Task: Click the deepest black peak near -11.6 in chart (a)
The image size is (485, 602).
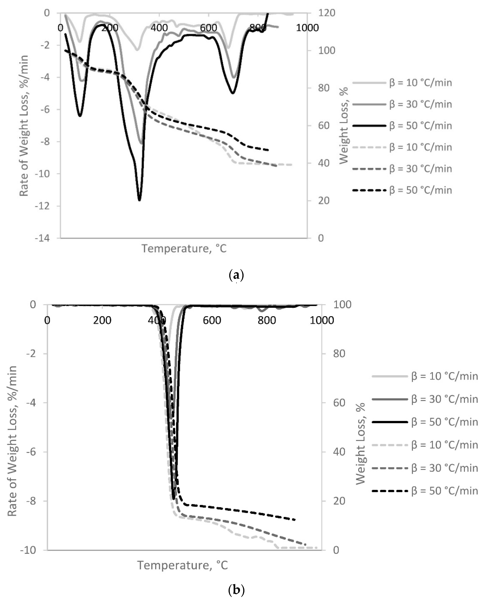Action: pos(139,200)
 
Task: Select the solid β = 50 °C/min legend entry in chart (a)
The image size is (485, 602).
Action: pos(402,126)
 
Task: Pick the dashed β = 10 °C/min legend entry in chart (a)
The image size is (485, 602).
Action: pos(402,147)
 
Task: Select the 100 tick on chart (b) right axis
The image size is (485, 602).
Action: pos(342,304)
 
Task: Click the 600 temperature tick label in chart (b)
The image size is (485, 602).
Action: pos(212,320)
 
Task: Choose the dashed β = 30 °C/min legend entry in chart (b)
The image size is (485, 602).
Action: pos(425,468)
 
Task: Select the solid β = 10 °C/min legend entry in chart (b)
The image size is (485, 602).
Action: pos(425,376)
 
